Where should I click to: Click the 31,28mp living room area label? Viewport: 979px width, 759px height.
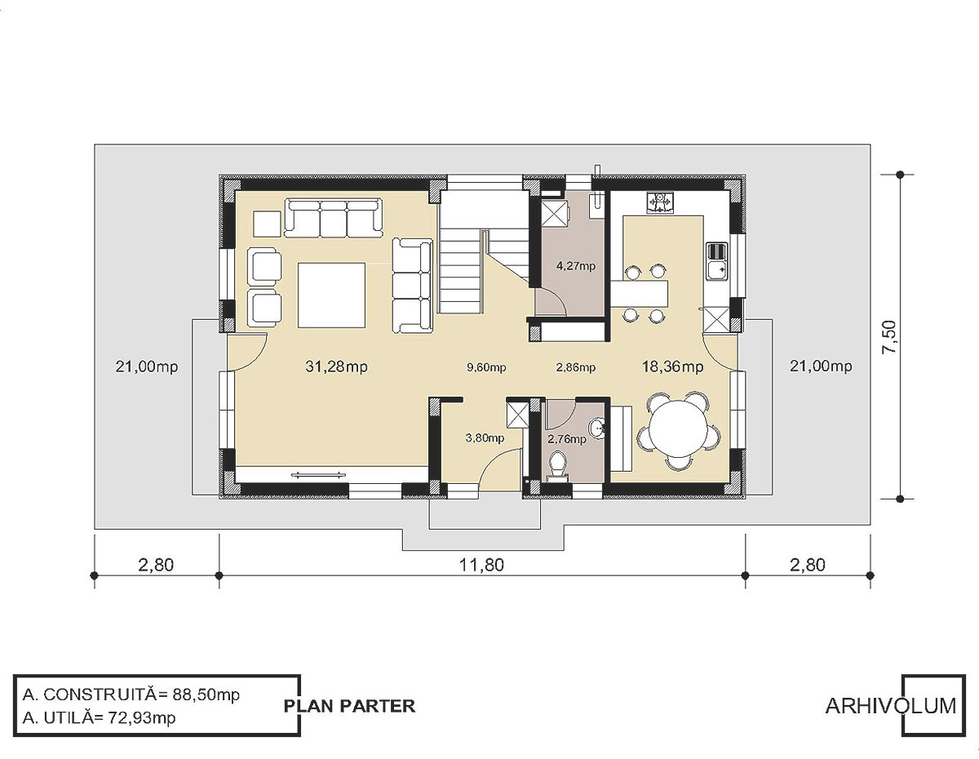click(x=336, y=367)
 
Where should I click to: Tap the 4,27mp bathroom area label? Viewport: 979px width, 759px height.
click(x=576, y=266)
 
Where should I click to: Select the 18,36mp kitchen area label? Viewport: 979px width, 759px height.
click(x=672, y=367)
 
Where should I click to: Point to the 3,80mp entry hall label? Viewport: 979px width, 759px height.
click(x=485, y=437)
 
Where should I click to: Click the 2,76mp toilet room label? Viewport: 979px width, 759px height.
click(x=567, y=438)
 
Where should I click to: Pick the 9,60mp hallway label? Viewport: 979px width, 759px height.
click(x=486, y=368)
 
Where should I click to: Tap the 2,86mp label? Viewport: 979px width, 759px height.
click(x=576, y=368)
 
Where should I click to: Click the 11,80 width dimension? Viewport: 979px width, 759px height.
click(x=481, y=565)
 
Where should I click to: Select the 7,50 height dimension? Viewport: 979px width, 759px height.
click(x=889, y=337)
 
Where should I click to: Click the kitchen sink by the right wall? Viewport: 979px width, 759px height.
click(x=717, y=262)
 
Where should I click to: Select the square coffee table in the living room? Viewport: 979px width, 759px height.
click(x=331, y=295)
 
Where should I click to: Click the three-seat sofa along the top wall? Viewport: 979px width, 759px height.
click(x=334, y=219)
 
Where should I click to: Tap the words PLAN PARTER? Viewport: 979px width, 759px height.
click(x=349, y=706)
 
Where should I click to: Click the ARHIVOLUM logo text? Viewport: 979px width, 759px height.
click(x=890, y=705)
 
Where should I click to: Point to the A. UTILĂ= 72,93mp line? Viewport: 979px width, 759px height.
click(x=99, y=717)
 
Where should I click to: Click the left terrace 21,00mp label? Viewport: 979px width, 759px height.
click(x=146, y=367)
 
